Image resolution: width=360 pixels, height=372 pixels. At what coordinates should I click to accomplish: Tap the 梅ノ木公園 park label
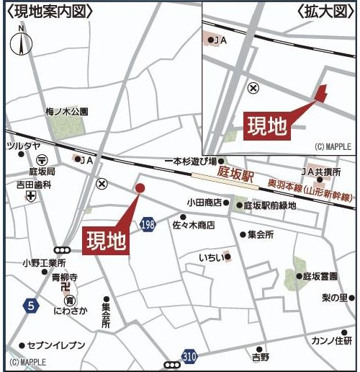[66, 112]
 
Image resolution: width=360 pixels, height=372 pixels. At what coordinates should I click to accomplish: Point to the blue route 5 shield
[30, 306]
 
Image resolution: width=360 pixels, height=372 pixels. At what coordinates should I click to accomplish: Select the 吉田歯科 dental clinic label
[34, 185]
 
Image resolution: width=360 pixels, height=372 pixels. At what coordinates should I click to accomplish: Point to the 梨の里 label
[334, 297]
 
